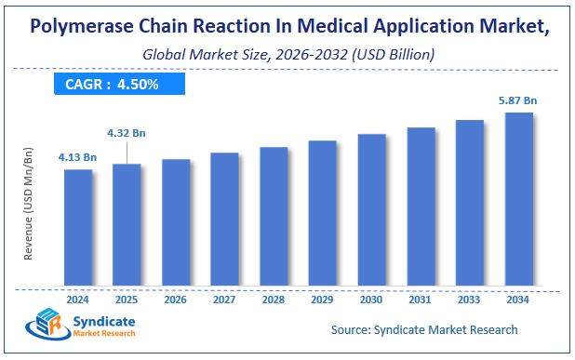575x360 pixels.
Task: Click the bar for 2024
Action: [78, 228]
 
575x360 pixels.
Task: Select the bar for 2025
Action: [127, 225]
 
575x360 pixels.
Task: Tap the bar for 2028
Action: [274, 217]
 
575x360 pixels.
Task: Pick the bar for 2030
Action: [371, 210]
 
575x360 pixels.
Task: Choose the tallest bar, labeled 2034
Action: [518, 199]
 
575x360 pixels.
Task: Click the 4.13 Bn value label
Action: [78, 157]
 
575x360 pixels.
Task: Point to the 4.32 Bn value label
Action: [126, 133]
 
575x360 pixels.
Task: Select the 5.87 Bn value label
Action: [518, 99]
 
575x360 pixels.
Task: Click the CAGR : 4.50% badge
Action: [118, 84]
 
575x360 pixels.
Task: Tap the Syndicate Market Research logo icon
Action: [45, 327]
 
